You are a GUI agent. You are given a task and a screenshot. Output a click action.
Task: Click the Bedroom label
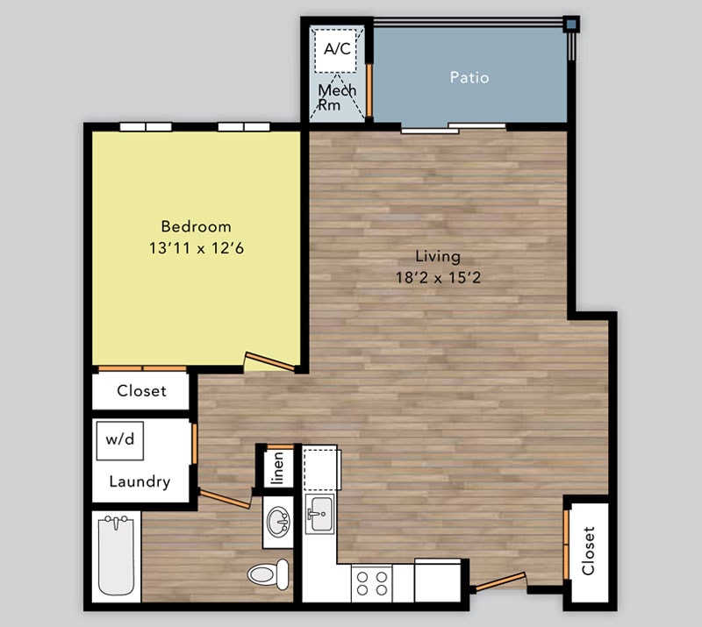pyautogui.click(x=196, y=226)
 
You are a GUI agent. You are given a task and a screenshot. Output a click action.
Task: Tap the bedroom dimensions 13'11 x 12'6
pyautogui.click(x=196, y=248)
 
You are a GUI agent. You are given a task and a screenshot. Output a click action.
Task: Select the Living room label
pyautogui.click(x=438, y=256)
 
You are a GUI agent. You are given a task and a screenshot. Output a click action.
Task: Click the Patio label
pyautogui.click(x=469, y=77)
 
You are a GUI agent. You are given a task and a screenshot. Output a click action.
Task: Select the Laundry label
pyautogui.click(x=140, y=481)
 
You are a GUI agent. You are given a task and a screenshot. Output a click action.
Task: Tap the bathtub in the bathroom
pyautogui.click(x=115, y=555)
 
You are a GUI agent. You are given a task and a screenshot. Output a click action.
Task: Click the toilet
pyautogui.click(x=269, y=574)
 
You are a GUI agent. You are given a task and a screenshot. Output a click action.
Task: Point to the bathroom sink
pyautogui.click(x=279, y=523)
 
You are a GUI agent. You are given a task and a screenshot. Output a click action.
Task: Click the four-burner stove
pyautogui.click(x=371, y=582)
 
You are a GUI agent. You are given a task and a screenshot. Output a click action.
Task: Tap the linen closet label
pyautogui.click(x=277, y=467)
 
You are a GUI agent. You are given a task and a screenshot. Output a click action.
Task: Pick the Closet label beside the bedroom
pyautogui.click(x=141, y=391)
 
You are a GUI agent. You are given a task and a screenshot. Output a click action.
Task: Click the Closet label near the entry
pyautogui.click(x=588, y=550)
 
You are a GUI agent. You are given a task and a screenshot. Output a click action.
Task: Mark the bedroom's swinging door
pyautogui.click(x=269, y=360)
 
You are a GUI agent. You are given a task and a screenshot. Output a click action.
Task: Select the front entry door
pyautogui.click(x=498, y=581)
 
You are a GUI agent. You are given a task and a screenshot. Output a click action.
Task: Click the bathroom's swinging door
pyautogui.click(x=226, y=499)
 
